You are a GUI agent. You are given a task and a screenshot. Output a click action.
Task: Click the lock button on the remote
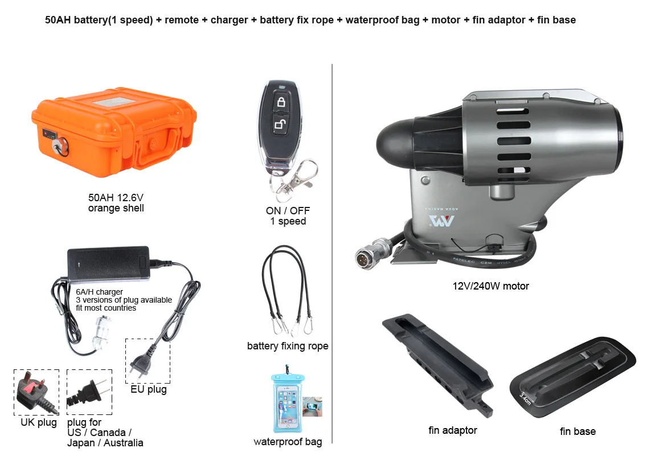pos(281,101)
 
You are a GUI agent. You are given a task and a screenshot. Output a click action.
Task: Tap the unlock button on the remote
pos(281,124)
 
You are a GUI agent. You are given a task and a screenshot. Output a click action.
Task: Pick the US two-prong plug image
pos(89,392)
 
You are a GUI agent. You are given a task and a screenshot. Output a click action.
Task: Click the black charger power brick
pos(109,263)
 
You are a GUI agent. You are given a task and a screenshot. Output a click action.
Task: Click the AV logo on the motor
pos(441,221)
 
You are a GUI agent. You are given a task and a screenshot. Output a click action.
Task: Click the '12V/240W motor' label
pos(490,286)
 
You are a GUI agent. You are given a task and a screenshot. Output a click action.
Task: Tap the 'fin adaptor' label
pos(453,430)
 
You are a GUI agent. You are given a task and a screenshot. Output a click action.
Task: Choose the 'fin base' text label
pos(578,431)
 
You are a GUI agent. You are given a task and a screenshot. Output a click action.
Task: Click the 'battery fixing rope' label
pos(288,346)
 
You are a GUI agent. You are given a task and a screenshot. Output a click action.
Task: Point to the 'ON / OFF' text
pos(288,211)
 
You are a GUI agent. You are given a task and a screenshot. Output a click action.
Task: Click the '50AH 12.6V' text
pos(116,197)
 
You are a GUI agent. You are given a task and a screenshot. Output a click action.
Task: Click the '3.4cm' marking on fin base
pos(525,398)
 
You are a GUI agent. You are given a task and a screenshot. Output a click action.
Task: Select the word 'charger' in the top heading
pos(229,20)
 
